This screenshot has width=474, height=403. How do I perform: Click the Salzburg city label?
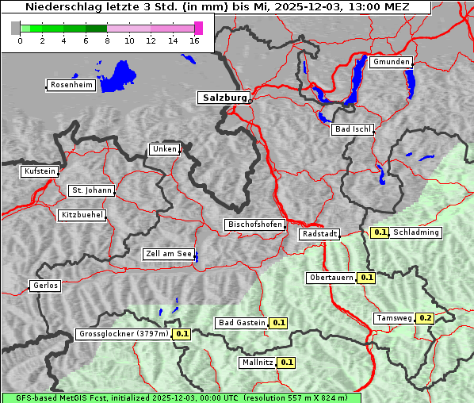tap(224, 98)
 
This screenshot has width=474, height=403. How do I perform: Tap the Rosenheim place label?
tap(71, 85)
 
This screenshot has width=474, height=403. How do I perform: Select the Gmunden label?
tap(391, 62)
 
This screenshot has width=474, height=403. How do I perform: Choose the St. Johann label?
tap(92, 190)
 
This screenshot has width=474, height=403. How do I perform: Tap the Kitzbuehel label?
tap(82, 215)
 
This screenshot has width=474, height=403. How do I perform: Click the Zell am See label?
tap(169, 254)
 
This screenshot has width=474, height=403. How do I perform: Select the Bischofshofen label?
tap(254, 225)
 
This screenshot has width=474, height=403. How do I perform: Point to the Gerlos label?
tap(45, 286)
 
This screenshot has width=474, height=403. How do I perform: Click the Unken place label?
tap(164, 149)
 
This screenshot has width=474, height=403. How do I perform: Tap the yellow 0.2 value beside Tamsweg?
tap(426, 318)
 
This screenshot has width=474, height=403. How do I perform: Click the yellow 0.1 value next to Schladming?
tap(380, 232)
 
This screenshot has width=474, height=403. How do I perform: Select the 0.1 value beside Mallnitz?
tap(287, 363)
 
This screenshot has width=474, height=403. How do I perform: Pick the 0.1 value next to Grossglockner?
tap(182, 334)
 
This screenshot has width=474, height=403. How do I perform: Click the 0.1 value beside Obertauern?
tap(366, 278)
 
